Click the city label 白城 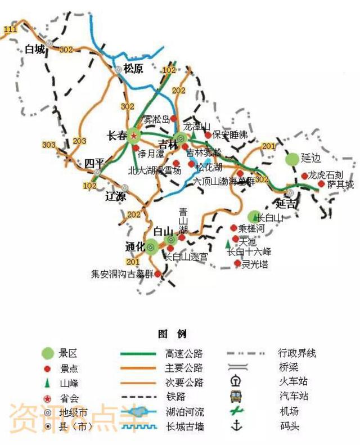click(34, 50)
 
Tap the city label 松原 click(134, 69)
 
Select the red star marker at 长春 click(134, 135)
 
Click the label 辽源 click(116, 196)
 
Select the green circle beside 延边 click(291, 159)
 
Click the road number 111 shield click(10, 28)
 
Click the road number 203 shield click(80, 141)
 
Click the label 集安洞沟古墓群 click(122, 275)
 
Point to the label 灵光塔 click(255, 264)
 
